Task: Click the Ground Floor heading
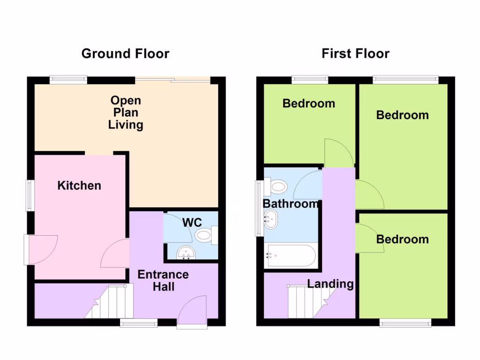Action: click(x=125, y=53)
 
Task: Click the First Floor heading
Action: click(x=355, y=53)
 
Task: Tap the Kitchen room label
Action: click(x=79, y=186)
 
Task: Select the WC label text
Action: click(x=192, y=222)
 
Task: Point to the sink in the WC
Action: click(x=186, y=254)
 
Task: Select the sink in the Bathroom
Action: click(x=271, y=219)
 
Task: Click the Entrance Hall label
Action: click(x=163, y=280)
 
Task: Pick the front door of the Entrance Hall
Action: click(x=192, y=312)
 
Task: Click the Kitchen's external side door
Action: click(x=41, y=249)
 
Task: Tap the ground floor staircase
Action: click(x=111, y=302)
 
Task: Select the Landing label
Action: click(x=330, y=284)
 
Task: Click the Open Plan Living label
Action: click(x=125, y=112)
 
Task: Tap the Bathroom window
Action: click(x=258, y=208)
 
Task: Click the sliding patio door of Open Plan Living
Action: click(x=173, y=80)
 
